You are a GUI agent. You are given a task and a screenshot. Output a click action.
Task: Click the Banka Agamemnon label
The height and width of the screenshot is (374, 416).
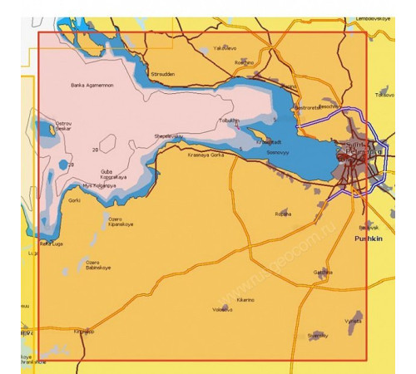(x=92, y=85)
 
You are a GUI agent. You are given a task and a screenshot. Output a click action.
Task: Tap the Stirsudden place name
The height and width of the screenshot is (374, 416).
(x=162, y=73)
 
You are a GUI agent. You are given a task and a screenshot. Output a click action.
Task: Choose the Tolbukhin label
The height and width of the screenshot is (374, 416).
(x=228, y=120)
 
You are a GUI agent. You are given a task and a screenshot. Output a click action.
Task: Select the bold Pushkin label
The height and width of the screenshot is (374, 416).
(x=367, y=238)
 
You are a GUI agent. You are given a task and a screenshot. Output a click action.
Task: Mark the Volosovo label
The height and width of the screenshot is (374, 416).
(x=223, y=309)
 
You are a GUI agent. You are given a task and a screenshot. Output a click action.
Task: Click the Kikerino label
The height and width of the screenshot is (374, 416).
(x=245, y=298)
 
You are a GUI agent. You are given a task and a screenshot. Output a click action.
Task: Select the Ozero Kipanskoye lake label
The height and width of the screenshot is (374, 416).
(x=121, y=223)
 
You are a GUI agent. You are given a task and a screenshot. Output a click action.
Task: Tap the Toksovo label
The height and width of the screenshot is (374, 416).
(x=384, y=95)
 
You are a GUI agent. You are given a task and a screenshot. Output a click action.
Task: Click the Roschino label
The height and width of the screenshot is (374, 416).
(x=244, y=62)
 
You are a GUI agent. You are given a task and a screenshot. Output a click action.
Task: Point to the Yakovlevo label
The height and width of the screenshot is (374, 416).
(x=226, y=48)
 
